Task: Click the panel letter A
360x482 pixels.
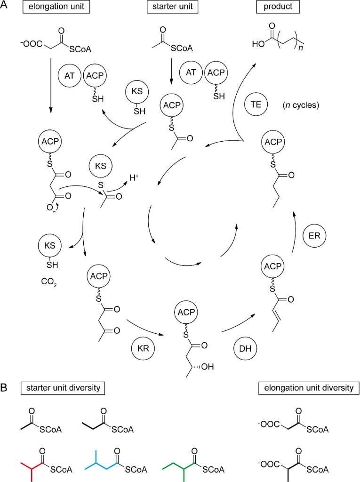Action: [x=5, y=8]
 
